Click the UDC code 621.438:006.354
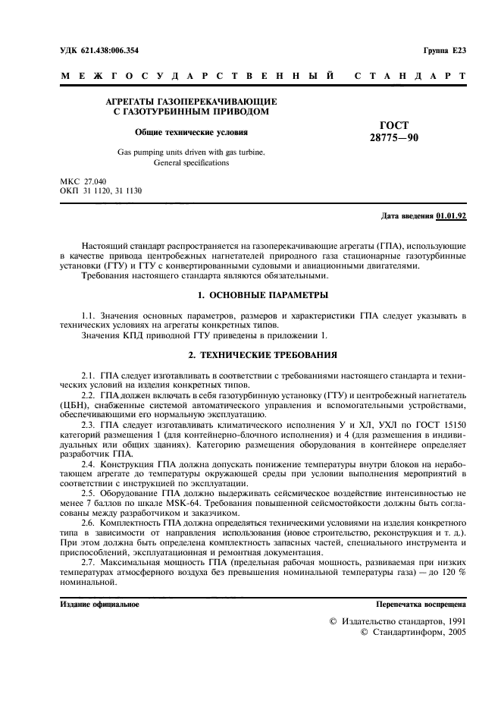tap(109, 51)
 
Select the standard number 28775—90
tap(393, 138)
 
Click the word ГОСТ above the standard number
tap(393, 125)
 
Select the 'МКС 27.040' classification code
tap(83, 183)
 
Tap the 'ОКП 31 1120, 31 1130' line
tap(100, 192)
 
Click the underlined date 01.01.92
tap(451, 216)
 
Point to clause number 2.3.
tap(88, 426)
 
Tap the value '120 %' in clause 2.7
tap(452, 571)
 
